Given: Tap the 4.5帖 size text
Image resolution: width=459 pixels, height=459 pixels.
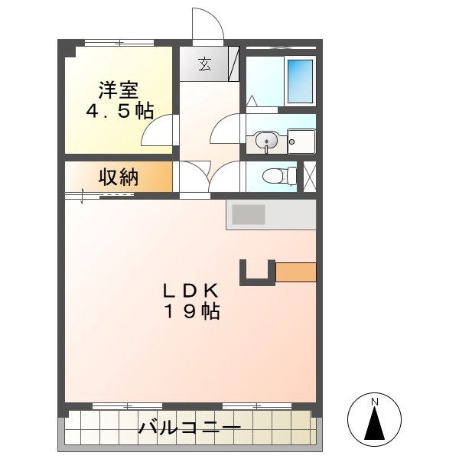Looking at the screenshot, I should click(119, 111).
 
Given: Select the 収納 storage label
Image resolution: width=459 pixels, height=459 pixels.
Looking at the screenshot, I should click(118, 177).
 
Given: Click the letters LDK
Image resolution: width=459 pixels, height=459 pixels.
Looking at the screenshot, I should click(190, 291).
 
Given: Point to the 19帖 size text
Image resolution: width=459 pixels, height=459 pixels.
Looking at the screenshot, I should click(190, 311).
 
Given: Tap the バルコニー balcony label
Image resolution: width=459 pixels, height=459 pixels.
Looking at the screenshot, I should click(190, 428).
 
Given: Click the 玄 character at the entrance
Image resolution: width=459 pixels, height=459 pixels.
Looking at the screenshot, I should click(204, 64).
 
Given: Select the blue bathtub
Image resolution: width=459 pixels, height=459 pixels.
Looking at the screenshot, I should click(300, 80).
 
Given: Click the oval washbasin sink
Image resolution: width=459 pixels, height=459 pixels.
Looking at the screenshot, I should click(266, 141).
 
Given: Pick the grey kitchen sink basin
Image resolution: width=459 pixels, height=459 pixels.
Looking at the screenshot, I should click(248, 214).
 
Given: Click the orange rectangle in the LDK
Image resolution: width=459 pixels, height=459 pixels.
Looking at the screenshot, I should click(295, 272).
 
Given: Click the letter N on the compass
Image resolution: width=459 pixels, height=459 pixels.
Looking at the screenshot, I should click(375, 402).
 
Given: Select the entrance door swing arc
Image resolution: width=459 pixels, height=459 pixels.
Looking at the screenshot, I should click(207, 23).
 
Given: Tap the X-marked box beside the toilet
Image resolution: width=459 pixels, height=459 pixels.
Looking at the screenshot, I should click(310, 176).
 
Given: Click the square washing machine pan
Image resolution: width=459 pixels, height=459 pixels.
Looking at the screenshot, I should click(301, 141).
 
